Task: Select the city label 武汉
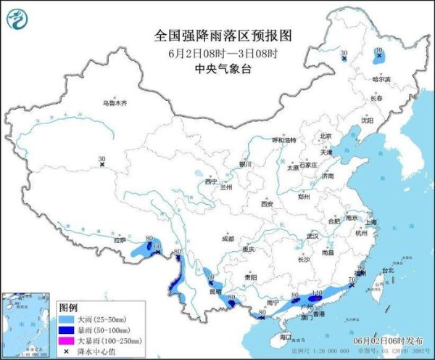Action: click(313, 237)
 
